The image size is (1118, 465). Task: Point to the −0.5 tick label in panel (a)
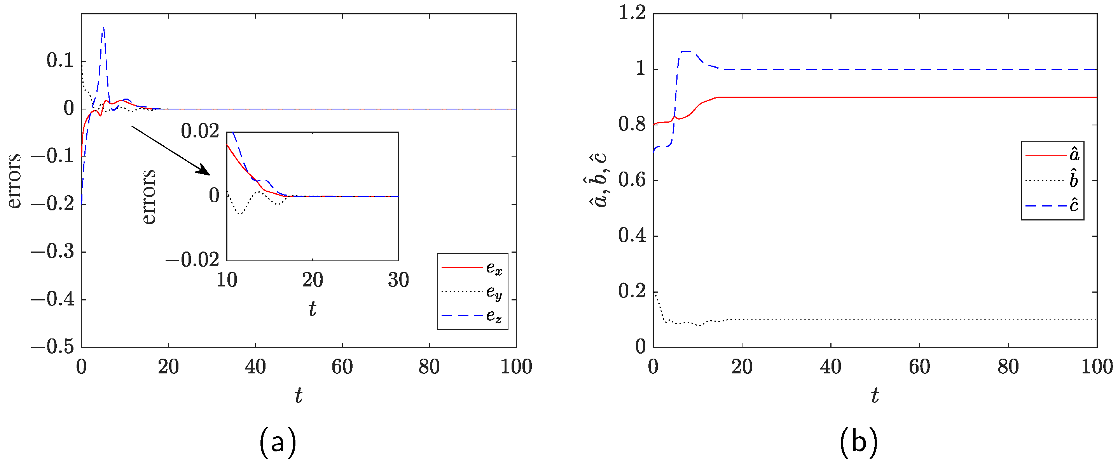pyautogui.click(x=52, y=347)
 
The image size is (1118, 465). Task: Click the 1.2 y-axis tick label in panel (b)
pyautogui.click(x=632, y=14)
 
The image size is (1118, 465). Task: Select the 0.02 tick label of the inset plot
pyautogui.click(x=200, y=131)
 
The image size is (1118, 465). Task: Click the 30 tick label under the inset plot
pyautogui.click(x=398, y=280)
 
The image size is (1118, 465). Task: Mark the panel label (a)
pyautogui.click(x=278, y=442)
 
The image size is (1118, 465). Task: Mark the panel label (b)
pyautogui.click(x=858, y=442)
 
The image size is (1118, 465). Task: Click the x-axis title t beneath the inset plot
pyautogui.click(x=313, y=309)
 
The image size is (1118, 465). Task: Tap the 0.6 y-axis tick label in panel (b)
pyautogui.click(x=632, y=180)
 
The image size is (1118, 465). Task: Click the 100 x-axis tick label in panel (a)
pyautogui.click(x=516, y=367)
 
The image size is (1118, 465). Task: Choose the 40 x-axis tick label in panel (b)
pyautogui.click(x=830, y=367)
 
